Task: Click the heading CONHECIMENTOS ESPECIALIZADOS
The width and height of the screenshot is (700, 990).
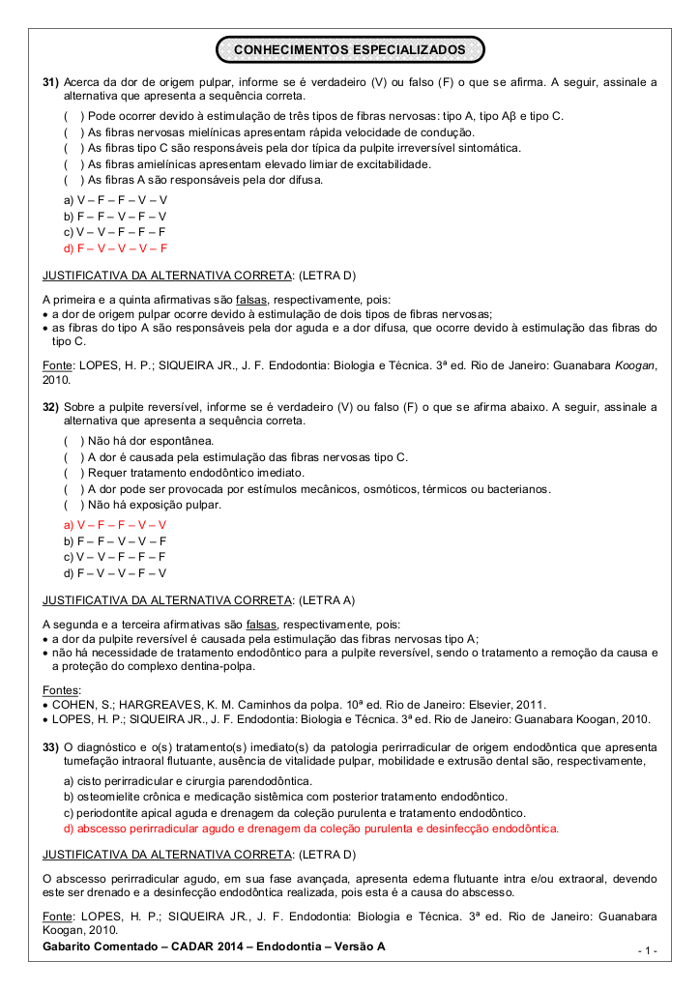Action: point(349,48)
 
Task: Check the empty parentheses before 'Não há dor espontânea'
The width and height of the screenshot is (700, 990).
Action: point(73,441)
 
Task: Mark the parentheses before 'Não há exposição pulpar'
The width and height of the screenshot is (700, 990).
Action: point(73,505)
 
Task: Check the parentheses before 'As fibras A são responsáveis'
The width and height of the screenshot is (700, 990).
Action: point(73,180)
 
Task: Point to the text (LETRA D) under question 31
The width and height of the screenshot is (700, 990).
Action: point(327,276)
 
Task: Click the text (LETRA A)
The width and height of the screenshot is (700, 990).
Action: point(327,600)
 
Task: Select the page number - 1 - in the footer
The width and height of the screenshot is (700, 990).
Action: point(647,951)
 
